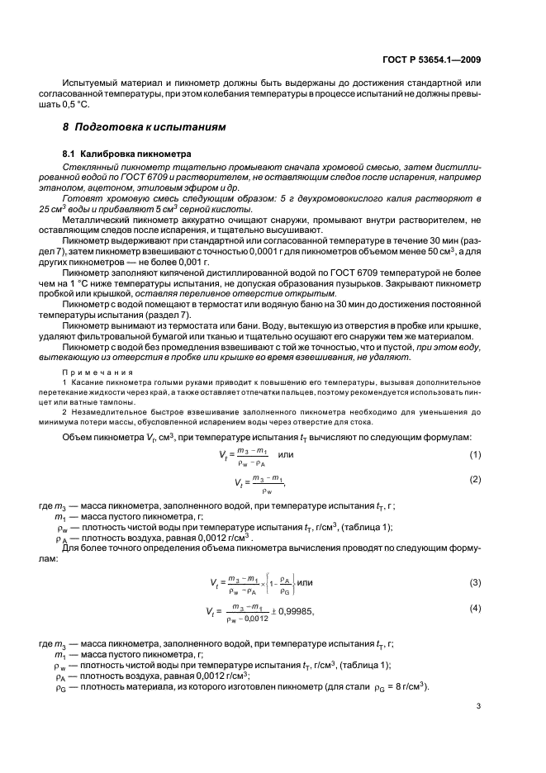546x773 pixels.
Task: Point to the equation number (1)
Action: [x=475, y=456]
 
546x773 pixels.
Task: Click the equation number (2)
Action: [x=475, y=480]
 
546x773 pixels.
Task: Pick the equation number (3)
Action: [x=475, y=582]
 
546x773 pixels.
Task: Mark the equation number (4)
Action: [x=475, y=609]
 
